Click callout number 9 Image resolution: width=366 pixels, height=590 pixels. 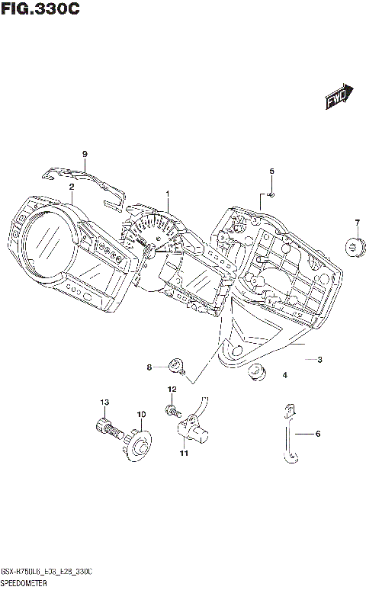coord(85,155)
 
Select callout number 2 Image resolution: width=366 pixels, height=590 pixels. coord(71,186)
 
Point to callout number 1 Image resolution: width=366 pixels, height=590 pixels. coord(168,194)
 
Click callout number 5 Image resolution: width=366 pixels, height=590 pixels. coord(271,171)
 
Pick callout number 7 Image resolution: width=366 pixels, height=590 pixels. coord(356,223)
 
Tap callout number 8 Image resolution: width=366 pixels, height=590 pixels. coord(149,367)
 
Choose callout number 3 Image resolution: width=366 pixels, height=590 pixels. coord(320,359)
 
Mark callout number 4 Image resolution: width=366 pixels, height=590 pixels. coord(284,374)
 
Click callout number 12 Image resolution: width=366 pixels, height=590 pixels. coord(172,390)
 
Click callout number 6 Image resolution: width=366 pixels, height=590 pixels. coord(318,434)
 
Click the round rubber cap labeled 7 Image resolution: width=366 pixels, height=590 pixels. coord(356,246)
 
